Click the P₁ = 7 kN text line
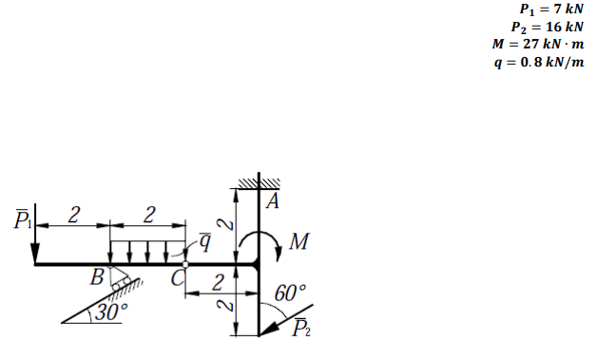click(x=546, y=9)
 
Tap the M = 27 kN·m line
click(x=538, y=44)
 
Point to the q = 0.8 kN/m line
click(x=538, y=61)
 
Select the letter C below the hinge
click(x=177, y=279)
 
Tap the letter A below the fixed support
click(x=273, y=200)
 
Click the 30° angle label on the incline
click(x=114, y=311)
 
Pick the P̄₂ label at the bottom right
click(x=300, y=330)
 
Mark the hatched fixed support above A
click(x=260, y=182)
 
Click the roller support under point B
click(x=118, y=279)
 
